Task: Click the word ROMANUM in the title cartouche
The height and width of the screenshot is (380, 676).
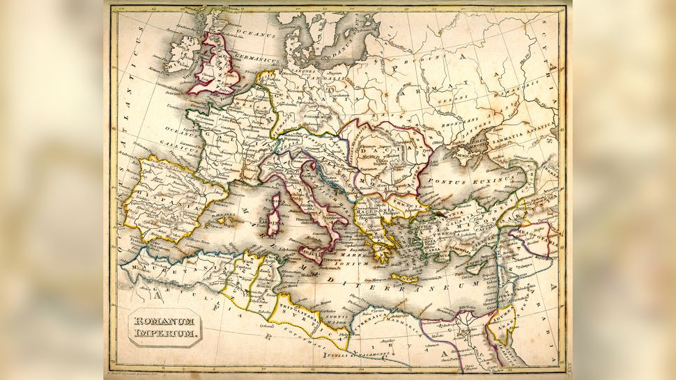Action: tap(164, 321)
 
